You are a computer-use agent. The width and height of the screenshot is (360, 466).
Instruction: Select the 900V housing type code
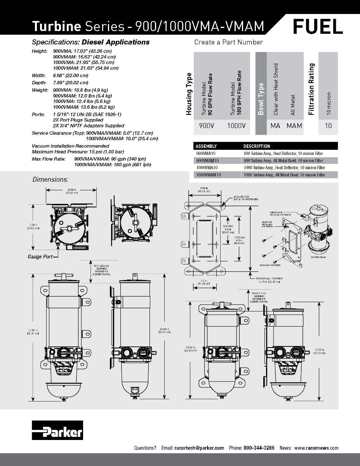pyautogui.click(x=205, y=125)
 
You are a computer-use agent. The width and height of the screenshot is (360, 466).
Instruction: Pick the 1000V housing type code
pyautogui.click(x=236, y=125)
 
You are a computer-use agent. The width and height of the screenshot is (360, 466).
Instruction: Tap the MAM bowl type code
pyautogui.click(x=294, y=125)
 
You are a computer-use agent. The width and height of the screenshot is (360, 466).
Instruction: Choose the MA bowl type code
pyautogui.click(x=275, y=125)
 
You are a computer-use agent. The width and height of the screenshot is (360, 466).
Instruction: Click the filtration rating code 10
pyautogui.click(x=328, y=125)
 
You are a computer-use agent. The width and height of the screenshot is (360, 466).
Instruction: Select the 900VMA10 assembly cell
pyautogui.click(x=207, y=153)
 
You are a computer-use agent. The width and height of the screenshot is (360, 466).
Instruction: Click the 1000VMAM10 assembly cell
pyautogui.click(x=209, y=175)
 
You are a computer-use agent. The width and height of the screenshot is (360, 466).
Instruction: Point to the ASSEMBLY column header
pyautogui.click(x=206, y=146)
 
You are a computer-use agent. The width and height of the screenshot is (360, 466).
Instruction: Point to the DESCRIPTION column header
pyautogui.click(x=256, y=146)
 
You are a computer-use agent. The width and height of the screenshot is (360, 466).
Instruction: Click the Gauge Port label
pyautogui.click(x=40, y=257)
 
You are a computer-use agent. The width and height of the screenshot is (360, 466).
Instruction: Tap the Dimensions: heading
pyautogui.click(x=50, y=179)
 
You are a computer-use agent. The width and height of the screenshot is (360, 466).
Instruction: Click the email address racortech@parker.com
pyautogui.click(x=199, y=448)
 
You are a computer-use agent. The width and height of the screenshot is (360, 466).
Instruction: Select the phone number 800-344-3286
pyautogui.click(x=259, y=448)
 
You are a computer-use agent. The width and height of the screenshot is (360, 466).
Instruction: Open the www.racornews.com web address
pyautogui.click(x=316, y=448)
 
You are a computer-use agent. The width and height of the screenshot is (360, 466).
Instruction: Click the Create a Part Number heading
pyautogui.click(x=228, y=42)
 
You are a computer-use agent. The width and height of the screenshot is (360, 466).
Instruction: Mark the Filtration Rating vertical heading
pyautogui.click(x=311, y=90)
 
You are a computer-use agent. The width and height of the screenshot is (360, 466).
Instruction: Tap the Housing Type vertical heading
pyautogui.click(x=189, y=94)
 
